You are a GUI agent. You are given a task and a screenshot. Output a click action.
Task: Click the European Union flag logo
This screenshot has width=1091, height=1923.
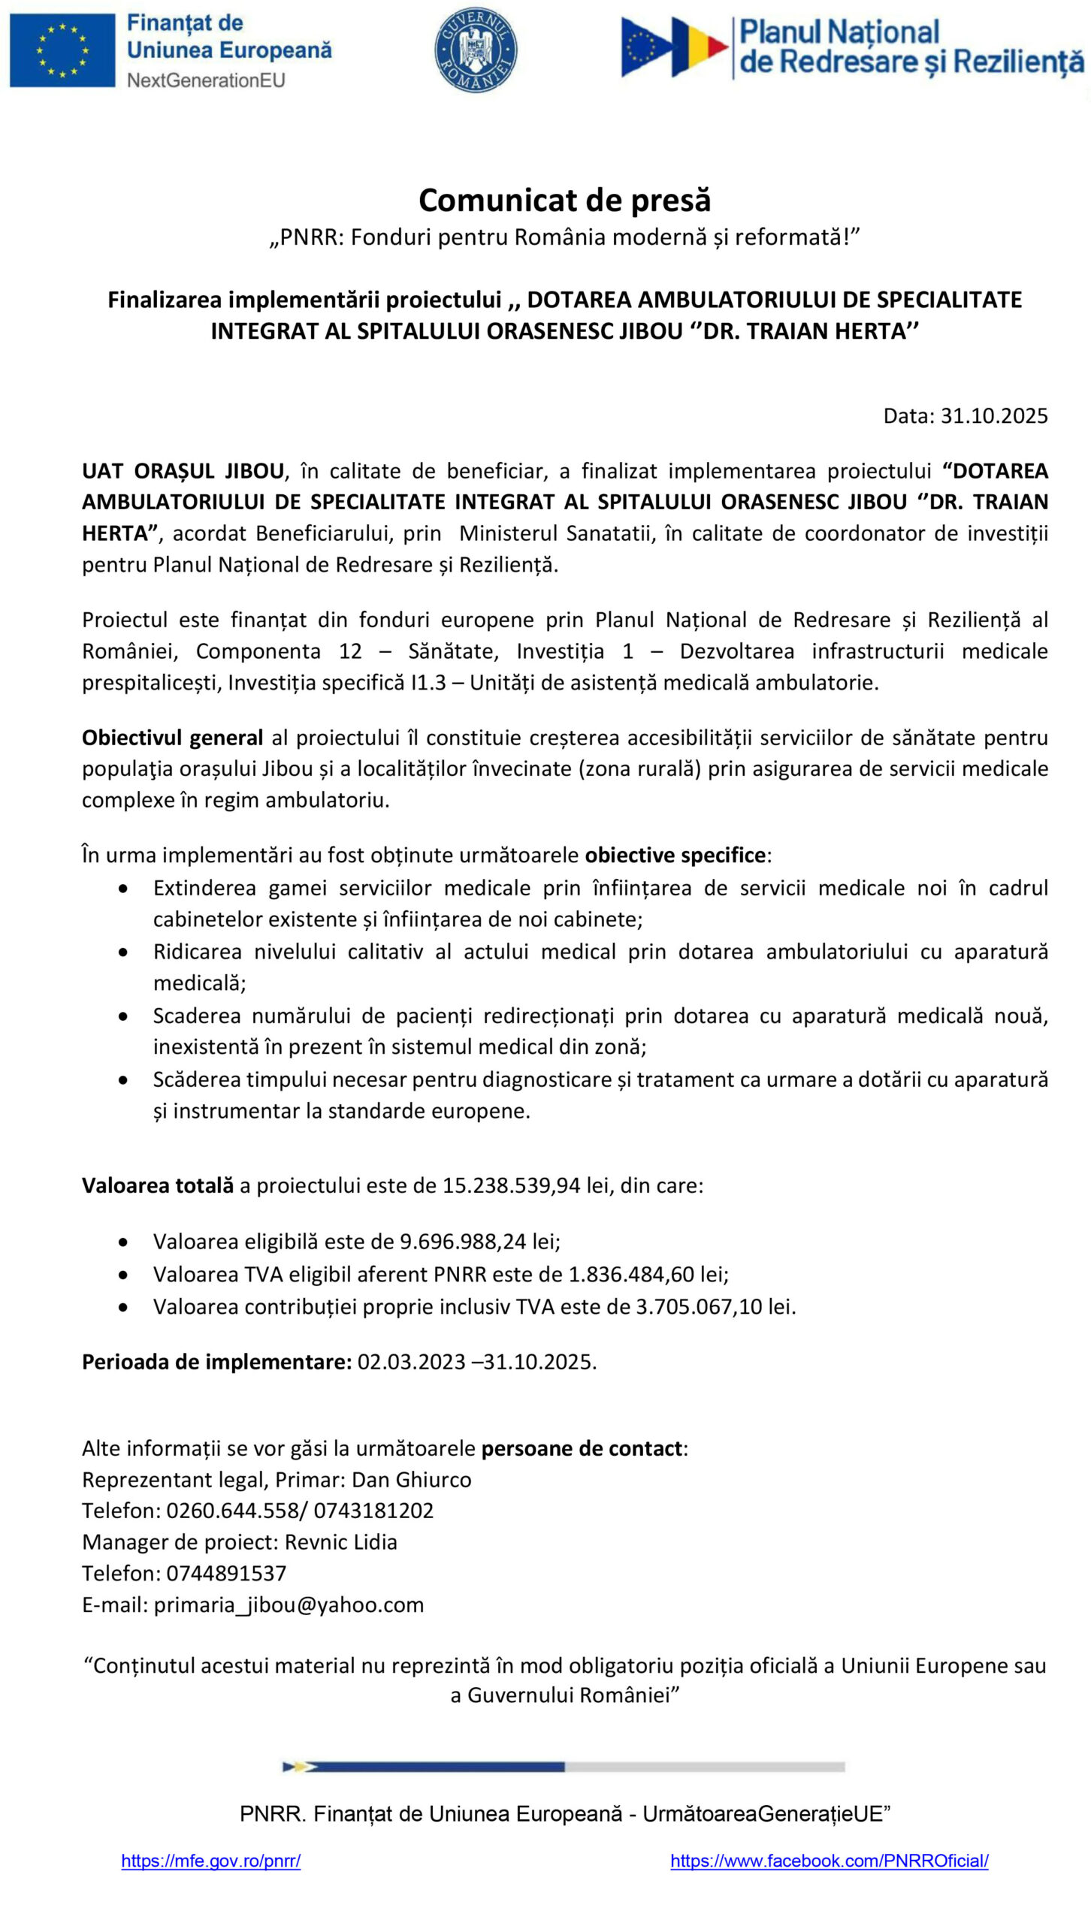pos(62,50)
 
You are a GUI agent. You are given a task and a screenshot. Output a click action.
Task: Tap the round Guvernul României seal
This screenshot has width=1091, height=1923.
pos(476,50)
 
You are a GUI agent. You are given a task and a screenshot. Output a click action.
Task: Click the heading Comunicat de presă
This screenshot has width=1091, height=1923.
pos(564,201)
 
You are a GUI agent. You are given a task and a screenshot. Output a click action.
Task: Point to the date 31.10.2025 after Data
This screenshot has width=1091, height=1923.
pos(993,415)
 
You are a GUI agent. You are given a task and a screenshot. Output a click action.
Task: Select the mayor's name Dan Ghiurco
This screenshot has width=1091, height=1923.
pos(411,1480)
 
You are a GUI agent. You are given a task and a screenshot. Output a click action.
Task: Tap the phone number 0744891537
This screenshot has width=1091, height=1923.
pos(226,1573)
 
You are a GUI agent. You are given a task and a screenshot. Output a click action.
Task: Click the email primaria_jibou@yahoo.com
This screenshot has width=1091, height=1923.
pos(289,1605)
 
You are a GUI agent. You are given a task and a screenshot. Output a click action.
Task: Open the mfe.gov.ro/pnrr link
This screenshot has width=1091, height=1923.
pos(210,1861)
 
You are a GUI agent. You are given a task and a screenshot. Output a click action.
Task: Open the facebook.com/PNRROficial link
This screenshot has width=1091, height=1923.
pos(829,1861)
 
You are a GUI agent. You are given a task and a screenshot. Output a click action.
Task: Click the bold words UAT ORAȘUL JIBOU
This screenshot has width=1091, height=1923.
pos(183,471)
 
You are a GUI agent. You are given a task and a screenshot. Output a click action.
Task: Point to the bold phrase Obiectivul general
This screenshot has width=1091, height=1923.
pos(172,738)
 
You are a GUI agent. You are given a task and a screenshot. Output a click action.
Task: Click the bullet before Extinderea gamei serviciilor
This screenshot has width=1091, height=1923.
pos(123,889)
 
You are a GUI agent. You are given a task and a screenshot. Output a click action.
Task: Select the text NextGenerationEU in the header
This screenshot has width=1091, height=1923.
pos(206,80)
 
